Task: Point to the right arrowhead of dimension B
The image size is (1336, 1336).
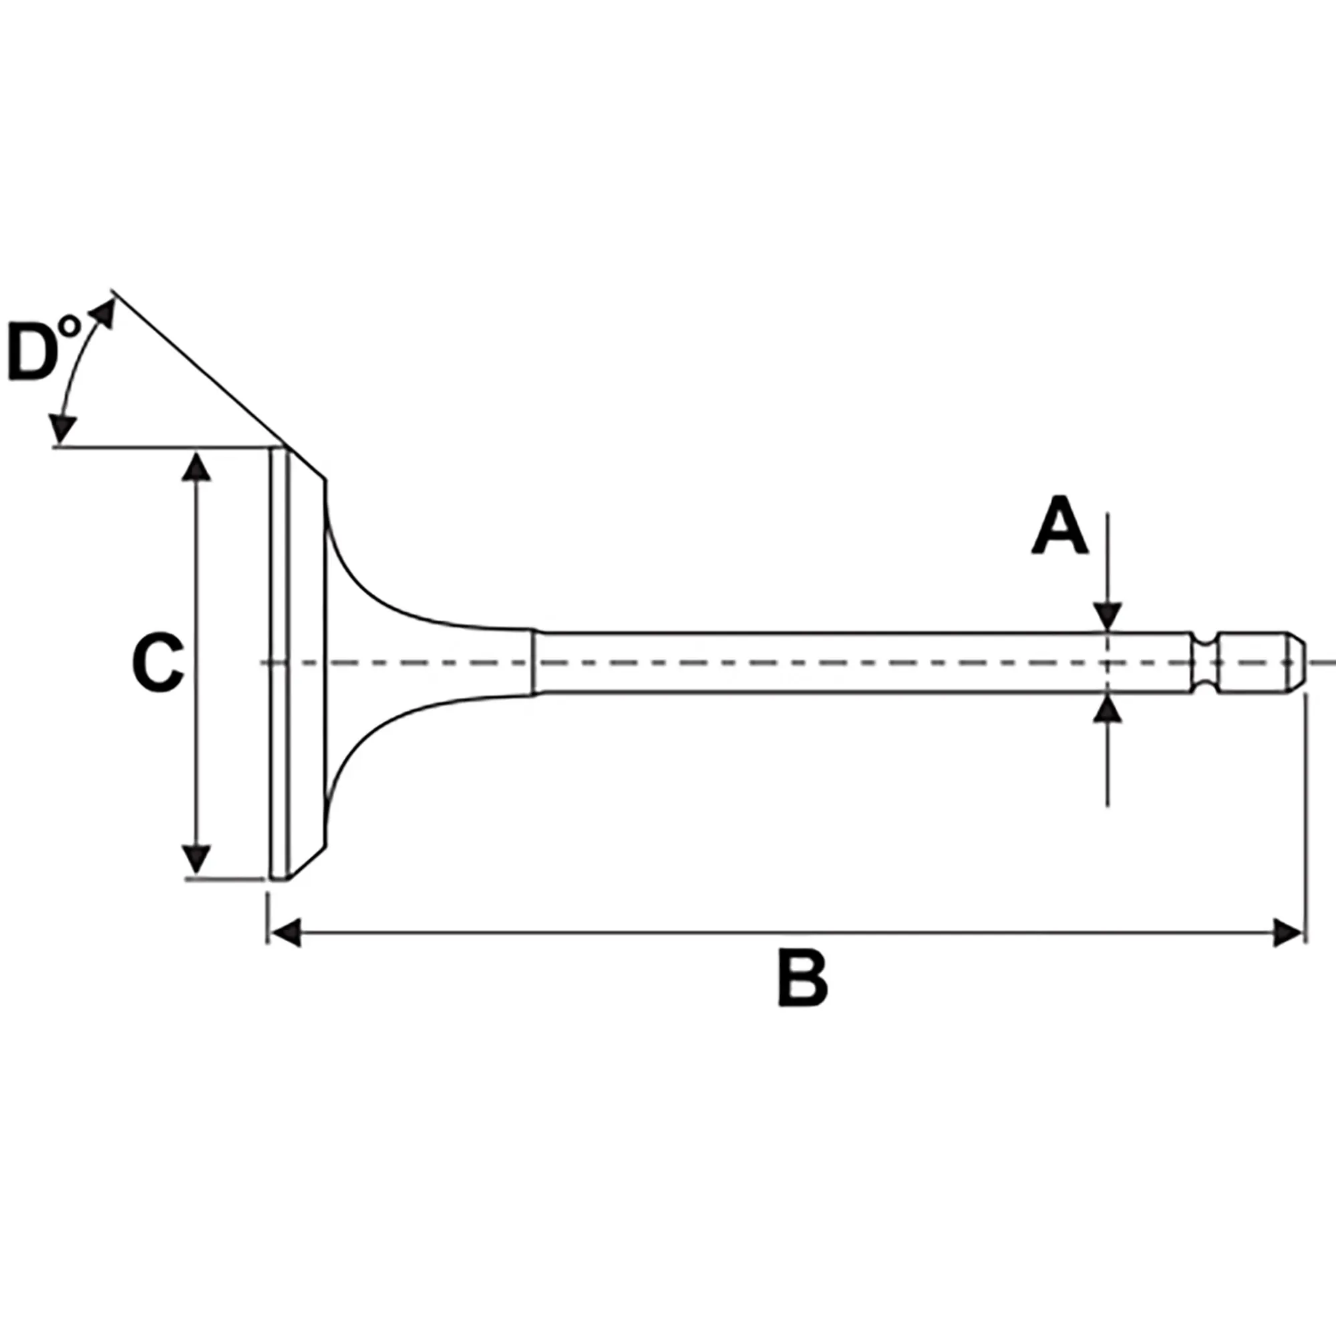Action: (x=1288, y=933)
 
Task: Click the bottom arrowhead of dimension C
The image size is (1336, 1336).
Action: (x=197, y=859)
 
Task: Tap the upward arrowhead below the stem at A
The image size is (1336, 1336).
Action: (x=1107, y=709)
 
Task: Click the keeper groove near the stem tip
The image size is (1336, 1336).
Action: (x=1205, y=663)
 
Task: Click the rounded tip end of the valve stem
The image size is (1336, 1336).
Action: (x=1297, y=663)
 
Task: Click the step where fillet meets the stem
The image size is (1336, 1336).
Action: (x=534, y=663)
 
